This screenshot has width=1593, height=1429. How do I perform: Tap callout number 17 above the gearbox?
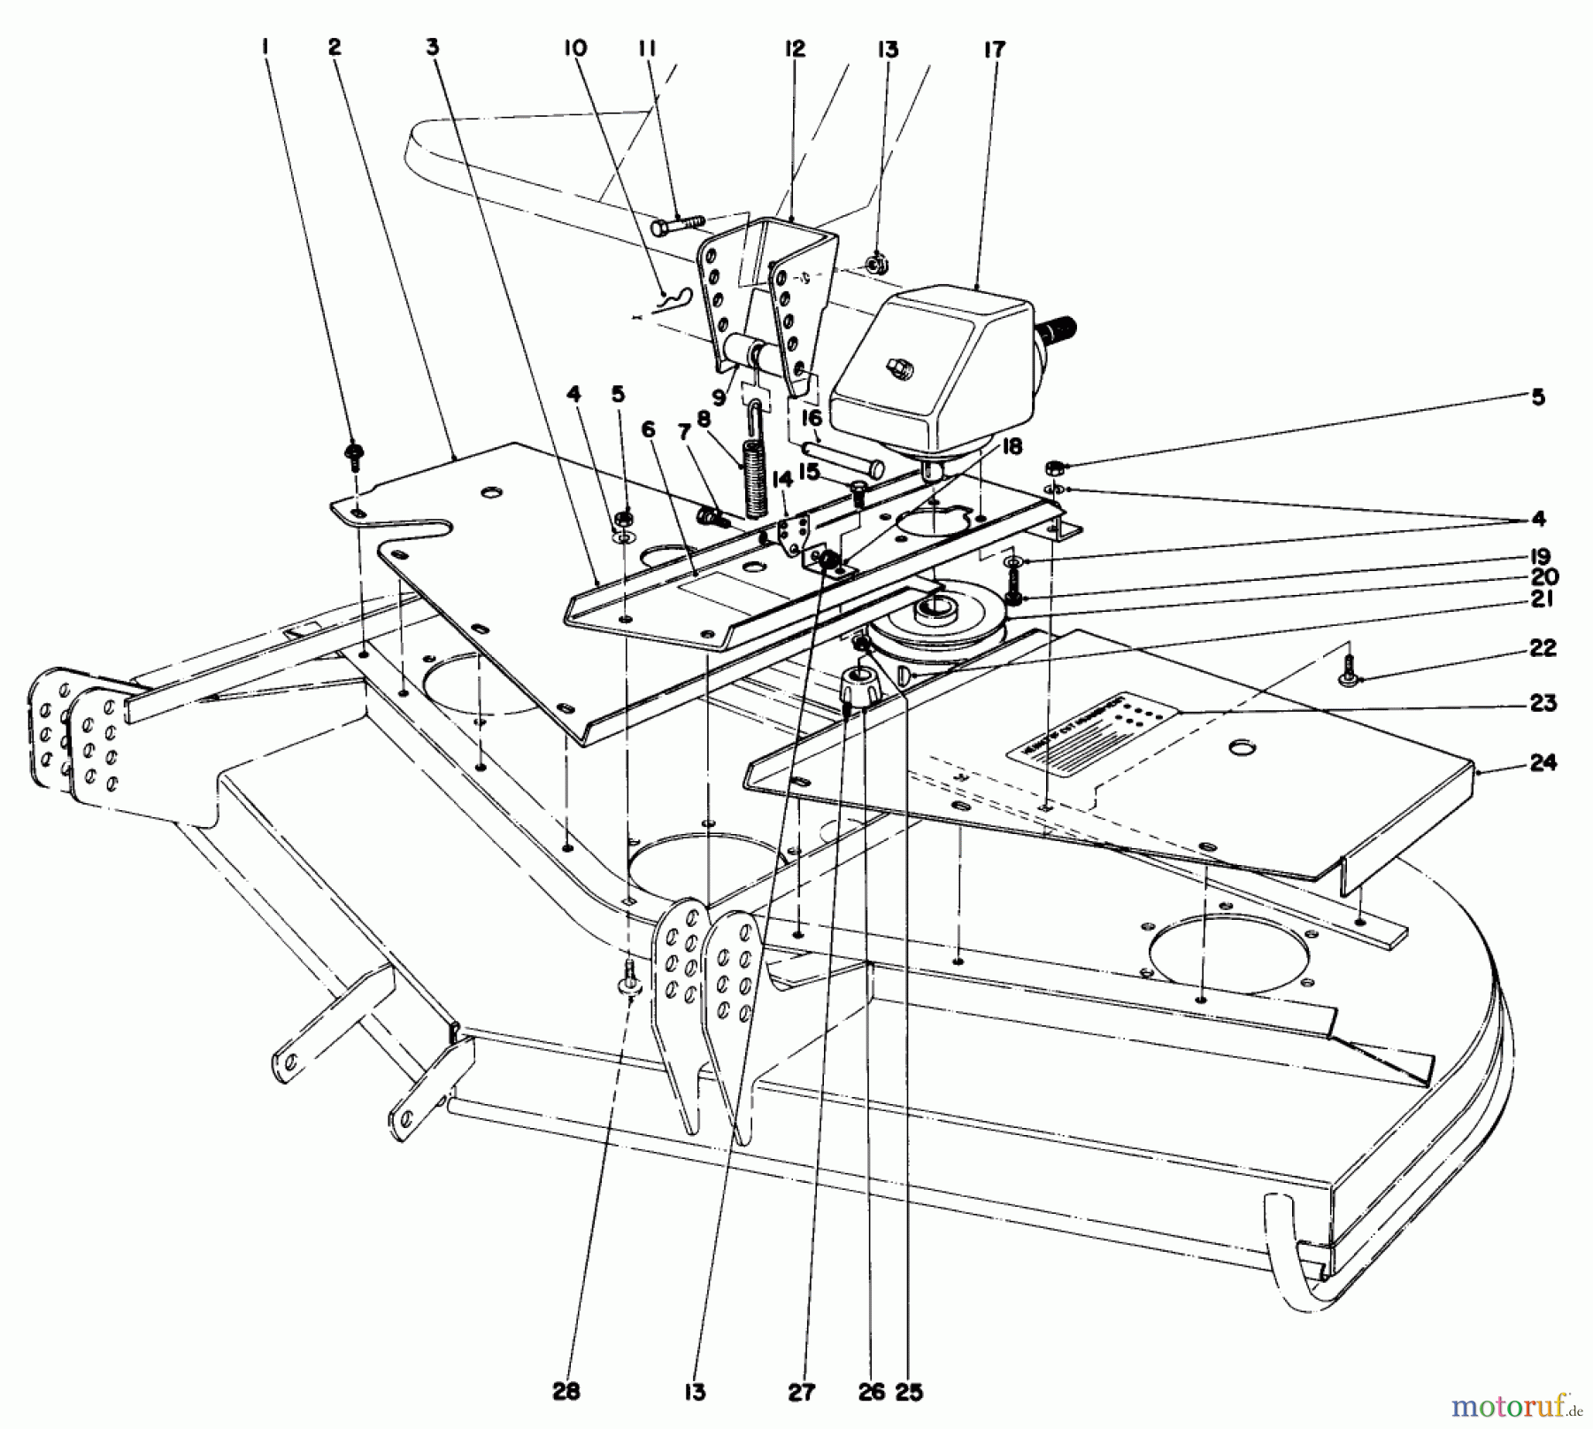click(995, 50)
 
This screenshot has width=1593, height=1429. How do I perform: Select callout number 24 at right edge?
click(1543, 762)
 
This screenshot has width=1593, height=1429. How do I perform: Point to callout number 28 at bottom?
click(566, 1393)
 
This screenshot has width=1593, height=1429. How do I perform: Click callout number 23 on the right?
click(1542, 704)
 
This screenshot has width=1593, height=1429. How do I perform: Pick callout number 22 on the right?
click(1542, 648)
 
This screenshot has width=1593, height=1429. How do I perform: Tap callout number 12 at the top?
click(794, 50)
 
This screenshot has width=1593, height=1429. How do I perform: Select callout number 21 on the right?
click(1542, 599)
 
